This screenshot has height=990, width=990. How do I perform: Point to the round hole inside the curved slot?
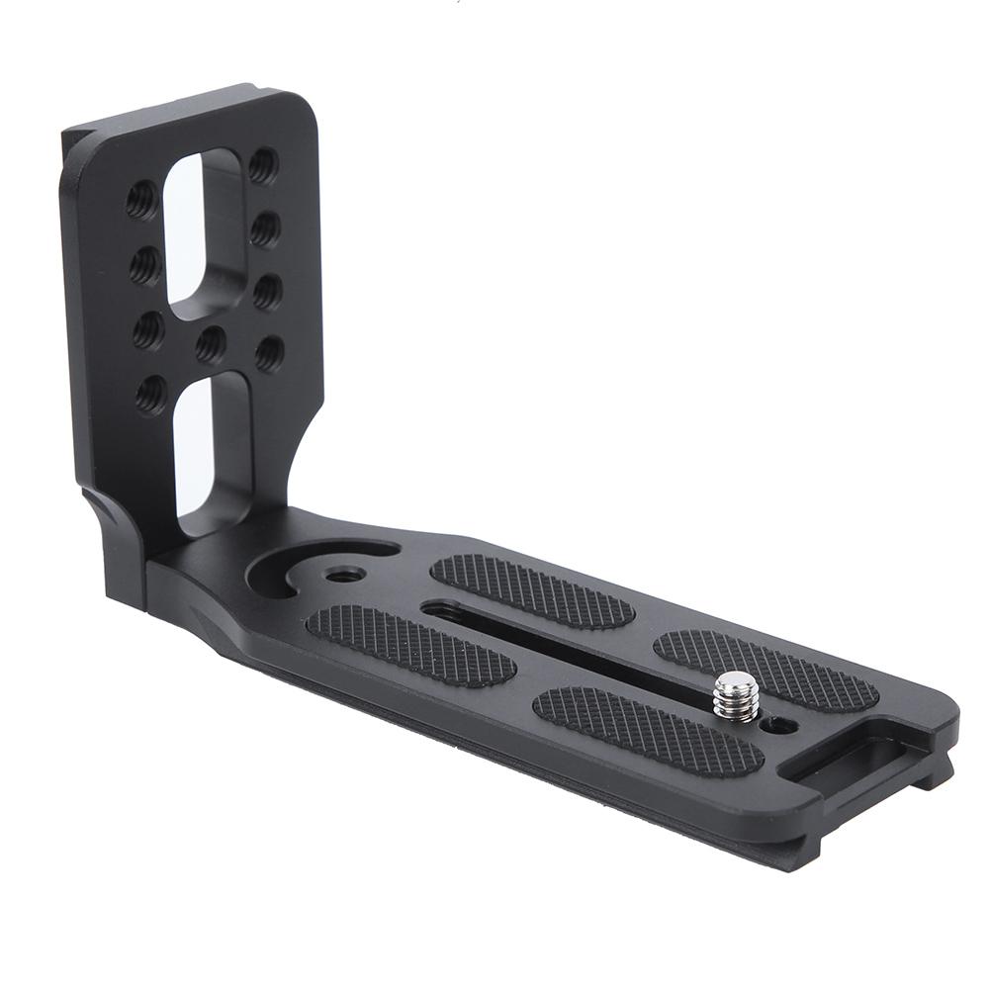345,573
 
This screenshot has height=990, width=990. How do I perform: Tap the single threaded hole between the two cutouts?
210,343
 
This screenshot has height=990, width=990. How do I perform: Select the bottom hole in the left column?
150,394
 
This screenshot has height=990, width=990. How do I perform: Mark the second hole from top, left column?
145,265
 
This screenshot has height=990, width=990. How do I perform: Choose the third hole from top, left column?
148,329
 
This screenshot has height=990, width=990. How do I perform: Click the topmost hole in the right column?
263,164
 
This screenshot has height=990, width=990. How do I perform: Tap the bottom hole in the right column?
269,353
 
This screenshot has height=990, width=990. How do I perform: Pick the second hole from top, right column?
265,229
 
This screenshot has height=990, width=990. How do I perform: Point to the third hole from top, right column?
267,292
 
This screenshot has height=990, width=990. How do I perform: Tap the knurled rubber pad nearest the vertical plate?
410,645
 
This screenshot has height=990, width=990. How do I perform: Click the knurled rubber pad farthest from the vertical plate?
766,670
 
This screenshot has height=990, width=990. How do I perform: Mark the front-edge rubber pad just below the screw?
648,730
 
